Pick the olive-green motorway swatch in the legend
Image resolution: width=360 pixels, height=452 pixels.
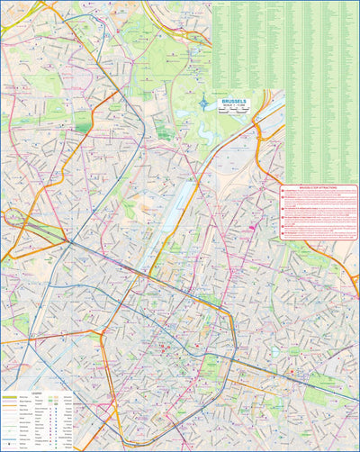coord(11,397)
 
